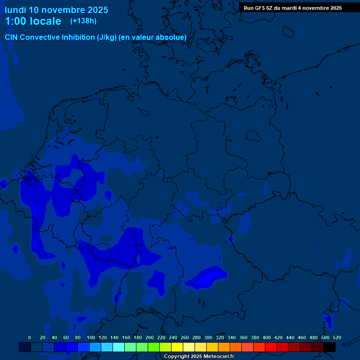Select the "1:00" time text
click(14, 21)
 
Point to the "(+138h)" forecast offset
click(83, 21)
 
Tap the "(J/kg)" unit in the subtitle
click(107, 37)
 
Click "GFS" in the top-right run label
click(262, 8)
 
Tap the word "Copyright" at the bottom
click(177, 357)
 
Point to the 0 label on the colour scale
click(30, 337)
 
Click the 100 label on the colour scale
click(91, 337)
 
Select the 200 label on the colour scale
click(150, 337)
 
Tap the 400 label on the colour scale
click(267, 337)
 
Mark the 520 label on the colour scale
click(337, 337)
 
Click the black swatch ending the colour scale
click(330, 347)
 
